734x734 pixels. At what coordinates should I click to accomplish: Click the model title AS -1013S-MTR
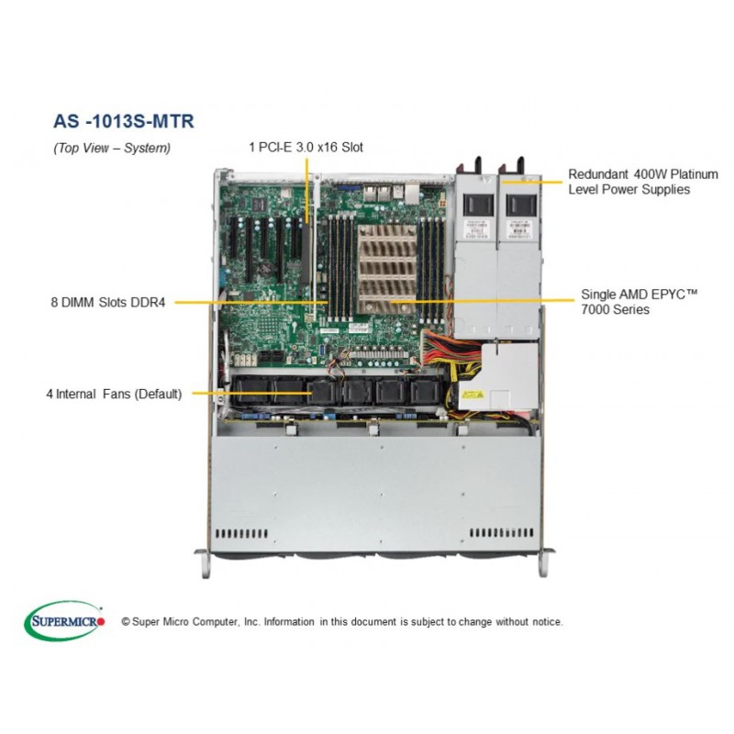[x=124, y=121]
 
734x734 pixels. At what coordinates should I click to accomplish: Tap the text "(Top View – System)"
[x=112, y=148]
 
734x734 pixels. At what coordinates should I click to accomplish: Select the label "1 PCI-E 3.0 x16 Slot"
[x=306, y=147]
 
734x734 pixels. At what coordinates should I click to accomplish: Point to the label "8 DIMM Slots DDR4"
[x=108, y=303]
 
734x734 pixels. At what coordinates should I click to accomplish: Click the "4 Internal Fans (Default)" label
[x=114, y=394]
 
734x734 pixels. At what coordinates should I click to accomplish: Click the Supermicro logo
[x=64, y=621]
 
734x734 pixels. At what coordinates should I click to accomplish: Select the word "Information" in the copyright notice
[x=289, y=622]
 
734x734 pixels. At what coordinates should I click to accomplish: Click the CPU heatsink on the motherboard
[x=386, y=269]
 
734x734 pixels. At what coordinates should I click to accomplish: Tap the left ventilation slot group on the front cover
[x=241, y=534]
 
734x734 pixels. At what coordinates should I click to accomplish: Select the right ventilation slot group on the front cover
[x=501, y=533]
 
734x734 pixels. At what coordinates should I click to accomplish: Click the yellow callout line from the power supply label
[x=531, y=182]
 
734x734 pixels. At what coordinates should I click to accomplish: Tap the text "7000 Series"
[x=615, y=309]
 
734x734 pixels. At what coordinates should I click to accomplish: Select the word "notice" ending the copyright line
[x=549, y=622]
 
